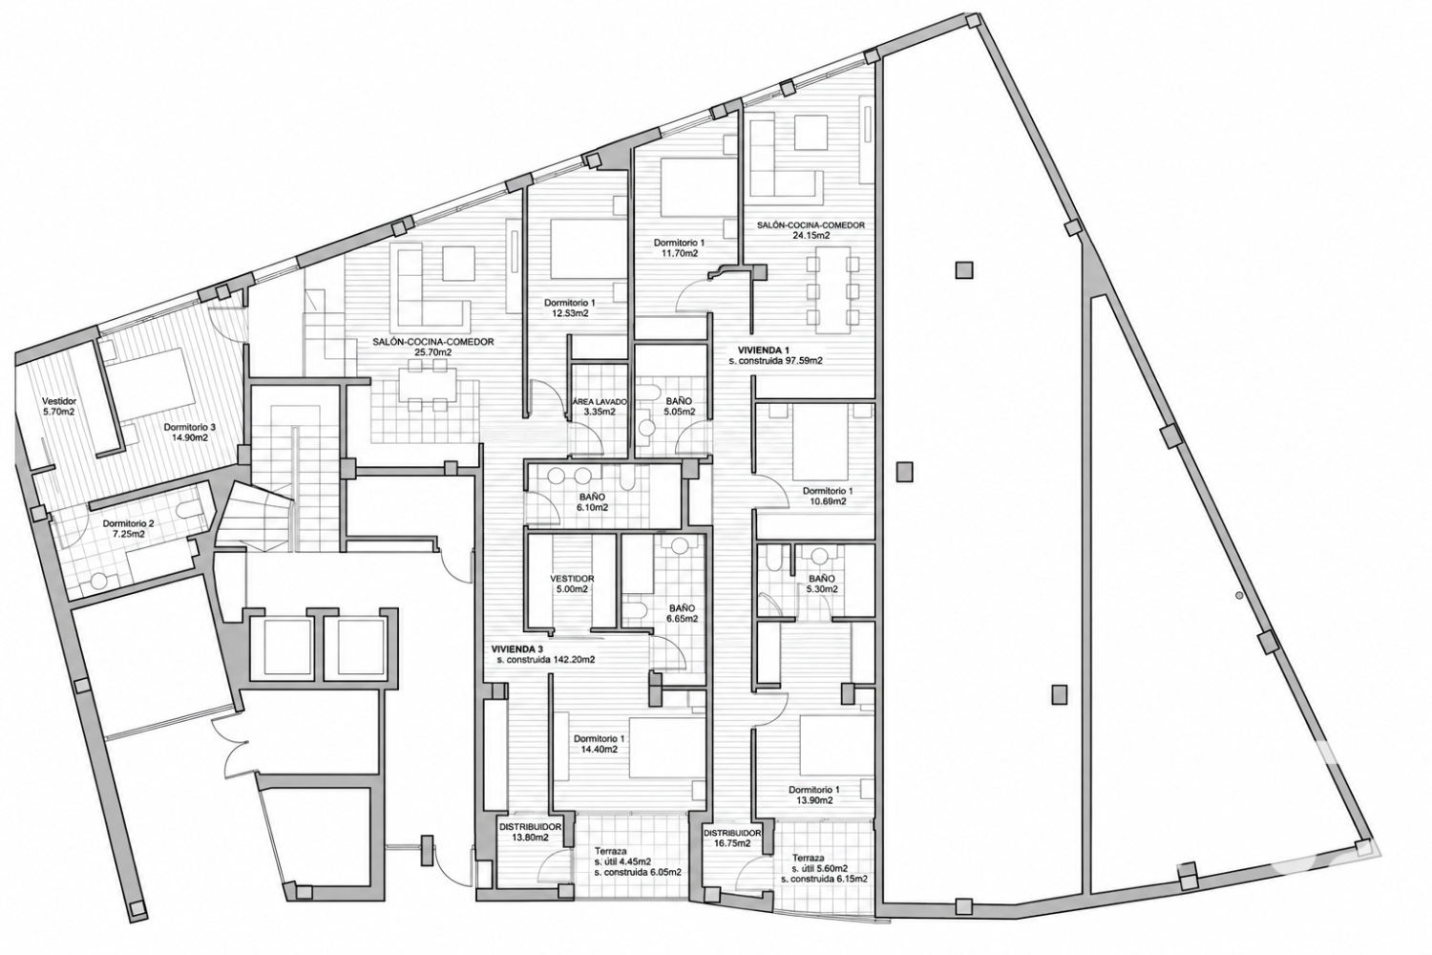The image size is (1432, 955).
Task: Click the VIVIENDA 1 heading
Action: coord(764,350)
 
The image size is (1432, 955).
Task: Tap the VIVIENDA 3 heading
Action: coord(517,648)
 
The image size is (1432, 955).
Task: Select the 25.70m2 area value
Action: coord(433,352)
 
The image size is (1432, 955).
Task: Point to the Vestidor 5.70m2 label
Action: coord(59,407)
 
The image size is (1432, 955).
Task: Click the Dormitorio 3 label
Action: coord(185,427)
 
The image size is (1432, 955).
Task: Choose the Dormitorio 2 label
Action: coord(129,523)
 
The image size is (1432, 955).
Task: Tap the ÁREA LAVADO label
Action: coord(600,402)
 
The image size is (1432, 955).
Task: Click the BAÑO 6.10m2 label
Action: coord(593,501)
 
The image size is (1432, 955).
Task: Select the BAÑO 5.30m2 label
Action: coord(821,584)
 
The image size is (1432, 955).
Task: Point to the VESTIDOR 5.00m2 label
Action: coord(572,584)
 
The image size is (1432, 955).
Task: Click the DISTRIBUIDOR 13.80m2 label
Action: coord(531,832)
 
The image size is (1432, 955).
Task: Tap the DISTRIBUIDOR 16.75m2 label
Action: coord(732,838)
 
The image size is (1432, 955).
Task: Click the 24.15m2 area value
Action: coord(811,235)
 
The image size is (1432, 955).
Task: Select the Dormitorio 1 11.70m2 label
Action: coord(678,247)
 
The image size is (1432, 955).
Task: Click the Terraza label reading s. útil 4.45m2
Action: coord(637,861)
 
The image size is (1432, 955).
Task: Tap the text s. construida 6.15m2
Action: coord(824,879)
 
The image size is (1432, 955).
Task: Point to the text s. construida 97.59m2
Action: coord(775,361)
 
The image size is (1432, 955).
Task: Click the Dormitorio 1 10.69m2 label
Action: coord(828,496)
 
